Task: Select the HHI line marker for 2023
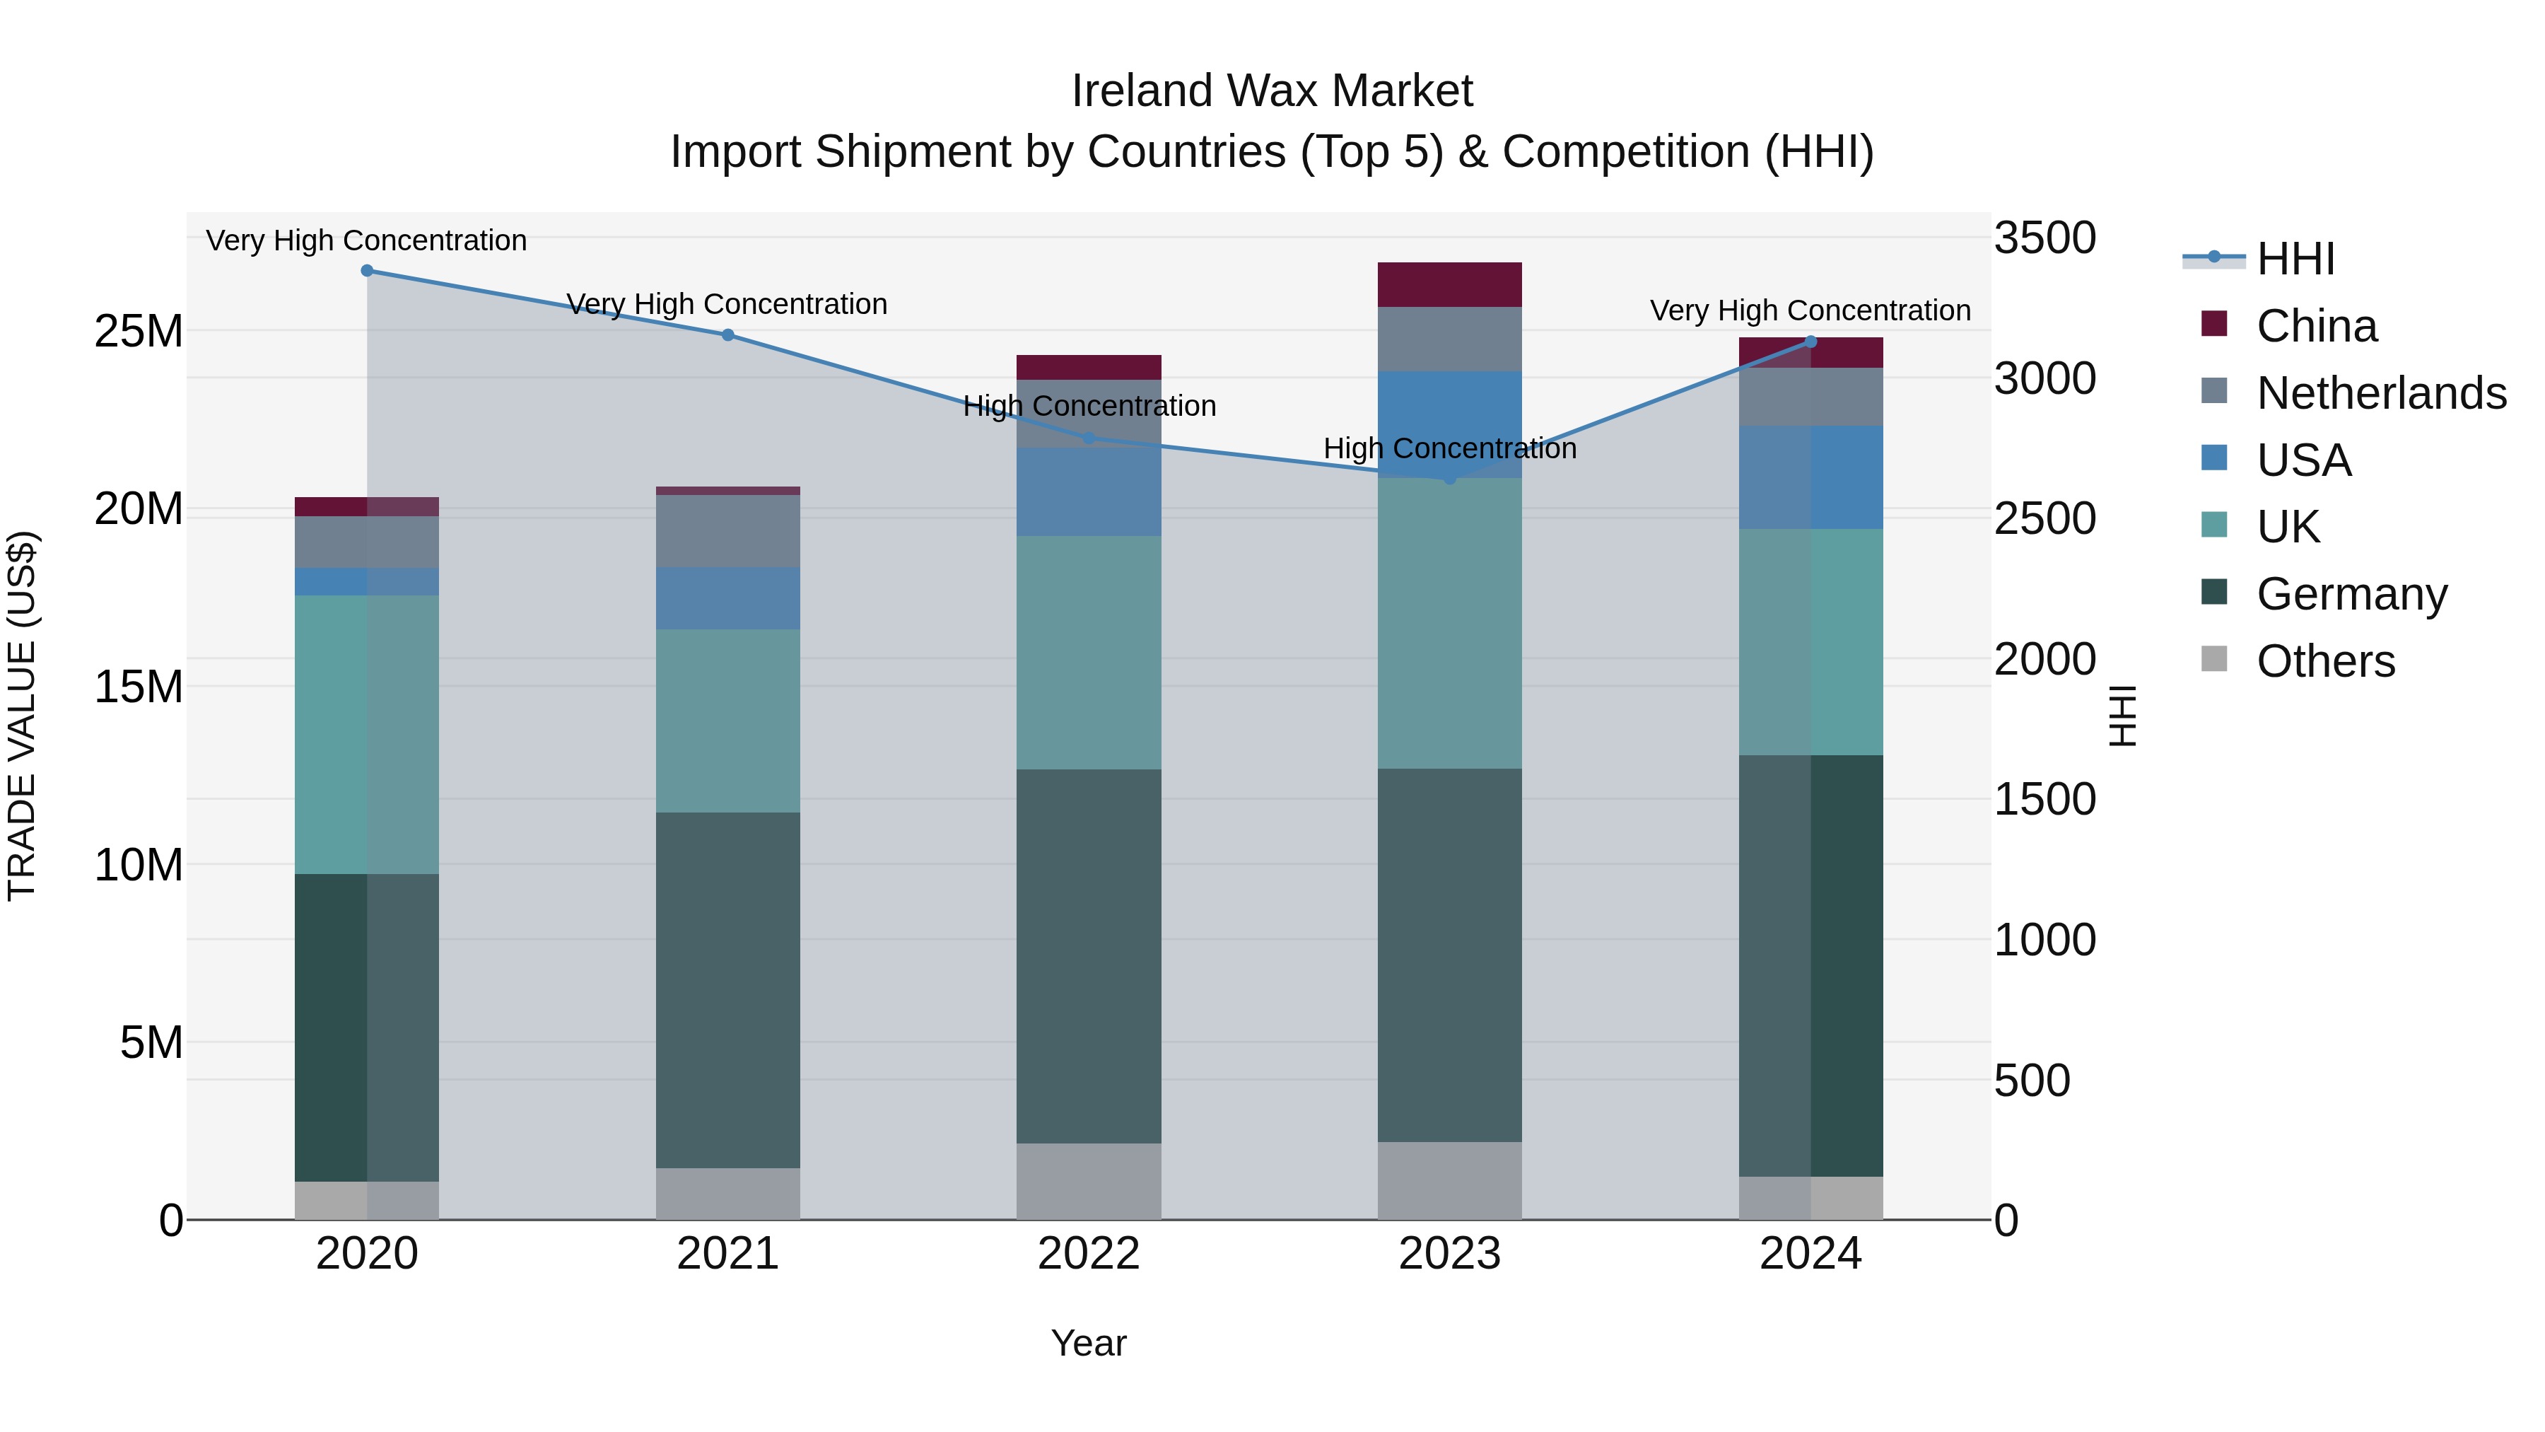click(x=1449, y=478)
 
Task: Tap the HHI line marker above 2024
click(x=1811, y=342)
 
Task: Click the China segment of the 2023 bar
click(x=1449, y=284)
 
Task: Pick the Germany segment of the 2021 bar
click(x=728, y=990)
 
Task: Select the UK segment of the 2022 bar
click(x=1089, y=652)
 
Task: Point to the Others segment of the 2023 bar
click(x=1449, y=1181)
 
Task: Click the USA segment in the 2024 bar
click(x=1811, y=477)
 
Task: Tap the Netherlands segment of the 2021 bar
click(x=728, y=530)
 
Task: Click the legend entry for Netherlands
click(x=2380, y=393)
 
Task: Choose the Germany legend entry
click(x=2351, y=594)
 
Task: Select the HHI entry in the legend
click(x=2295, y=259)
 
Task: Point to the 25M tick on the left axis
click(x=139, y=331)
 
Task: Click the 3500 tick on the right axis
click(x=2044, y=238)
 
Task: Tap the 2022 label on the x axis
click(x=1089, y=1254)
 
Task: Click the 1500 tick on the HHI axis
click(x=2044, y=800)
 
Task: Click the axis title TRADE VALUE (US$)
click(x=23, y=716)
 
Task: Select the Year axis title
click(x=1089, y=1343)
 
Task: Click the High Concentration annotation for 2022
click(x=1089, y=406)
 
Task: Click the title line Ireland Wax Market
click(x=1272, y=91)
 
